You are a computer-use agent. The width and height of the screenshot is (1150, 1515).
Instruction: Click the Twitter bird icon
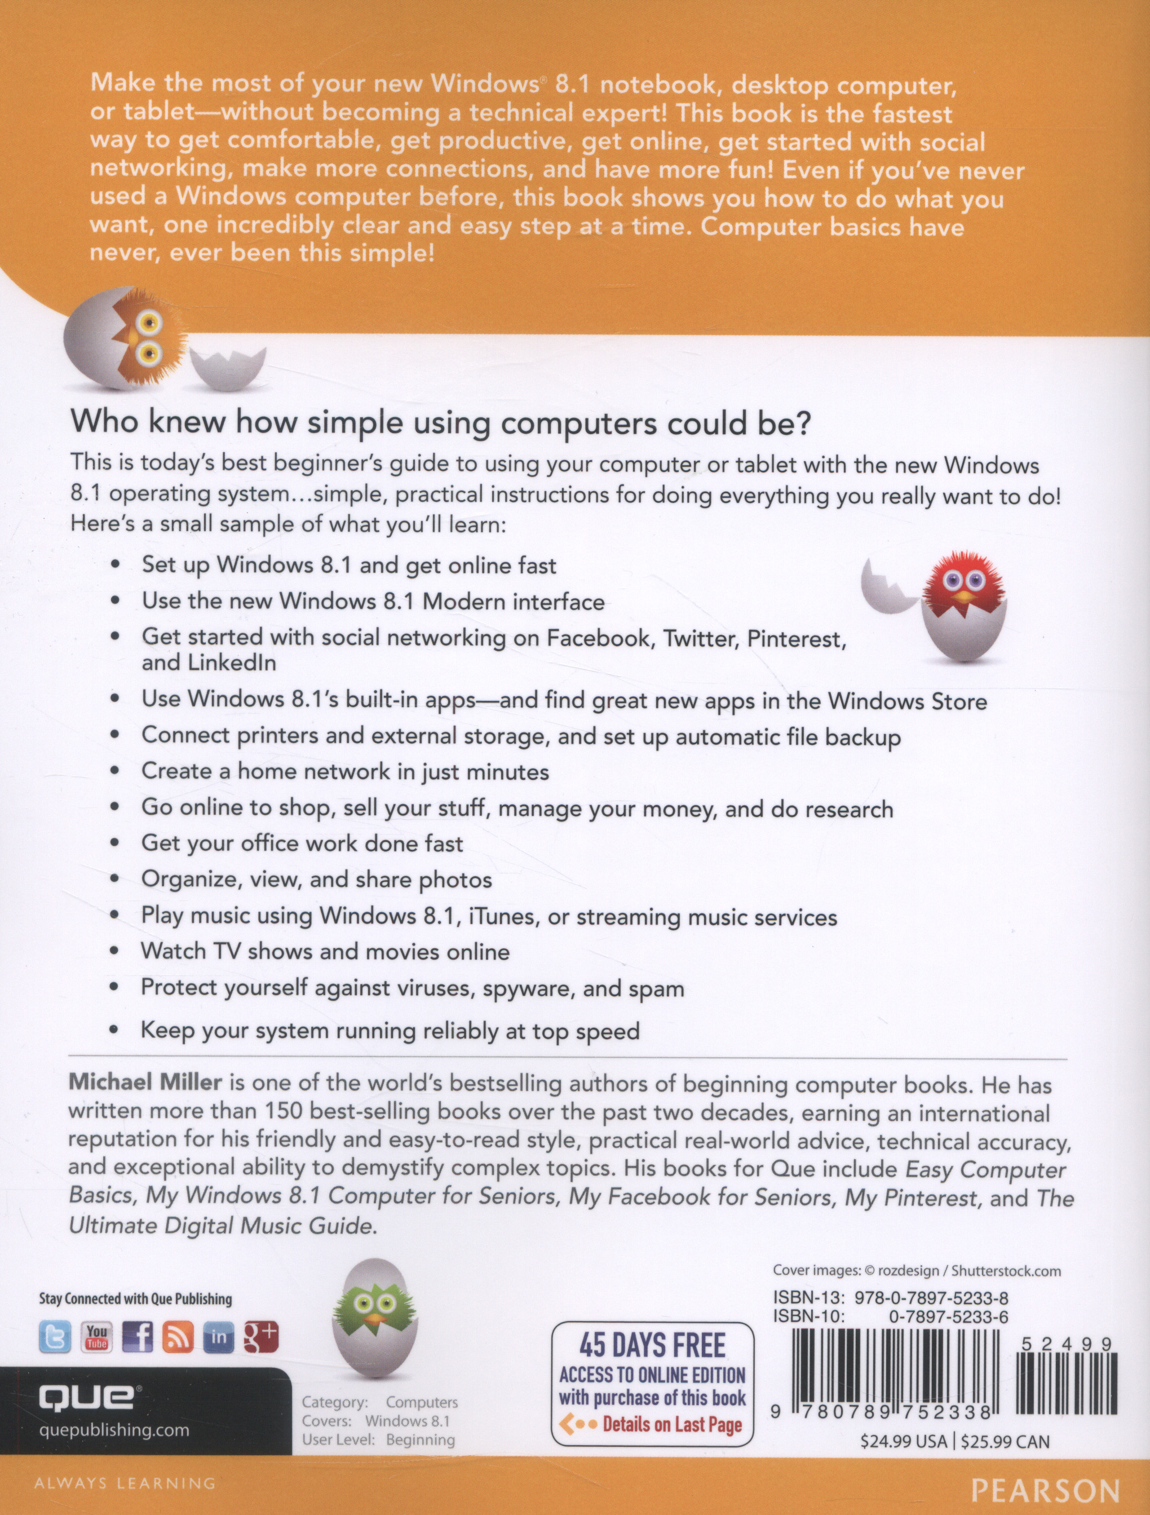[55, 1337]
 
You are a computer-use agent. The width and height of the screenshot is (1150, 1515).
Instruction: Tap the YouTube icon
[96, 1337]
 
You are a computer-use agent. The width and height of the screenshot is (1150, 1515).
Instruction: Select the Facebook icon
[137, 1337]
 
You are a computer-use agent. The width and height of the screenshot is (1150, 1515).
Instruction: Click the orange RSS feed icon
[178, 1337]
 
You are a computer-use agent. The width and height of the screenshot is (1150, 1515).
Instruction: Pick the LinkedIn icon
[219, 1337]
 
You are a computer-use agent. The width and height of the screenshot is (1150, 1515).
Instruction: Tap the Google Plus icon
[261, 1337]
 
